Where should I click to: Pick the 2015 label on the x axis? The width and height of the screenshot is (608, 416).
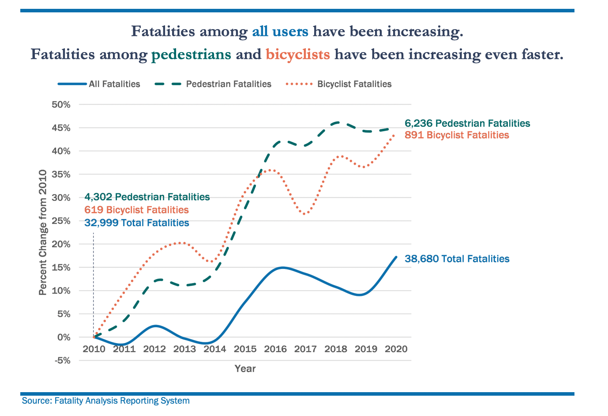point(245,349)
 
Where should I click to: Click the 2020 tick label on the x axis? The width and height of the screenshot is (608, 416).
point(396,349)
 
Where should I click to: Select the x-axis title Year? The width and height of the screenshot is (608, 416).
point(245,368)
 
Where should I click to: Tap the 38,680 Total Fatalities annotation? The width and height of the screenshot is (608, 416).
point(457,259)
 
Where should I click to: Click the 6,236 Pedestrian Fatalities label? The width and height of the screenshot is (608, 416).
point(467,124)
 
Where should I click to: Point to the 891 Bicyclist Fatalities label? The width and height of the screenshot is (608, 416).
point(457,135)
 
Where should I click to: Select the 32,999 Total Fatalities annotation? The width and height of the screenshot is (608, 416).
point(137,223)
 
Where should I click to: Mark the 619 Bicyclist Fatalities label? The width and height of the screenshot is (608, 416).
point(137,210)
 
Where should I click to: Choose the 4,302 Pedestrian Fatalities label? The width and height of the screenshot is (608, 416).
point(147,197)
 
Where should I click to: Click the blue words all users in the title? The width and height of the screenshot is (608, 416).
point(280,31)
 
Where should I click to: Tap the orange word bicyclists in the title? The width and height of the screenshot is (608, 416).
point(298,54)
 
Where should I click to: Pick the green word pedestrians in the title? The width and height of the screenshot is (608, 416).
point(191,54)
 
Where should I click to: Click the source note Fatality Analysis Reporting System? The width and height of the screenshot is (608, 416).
point(106,401)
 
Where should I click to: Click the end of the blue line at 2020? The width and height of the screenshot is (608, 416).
point(396,257)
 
